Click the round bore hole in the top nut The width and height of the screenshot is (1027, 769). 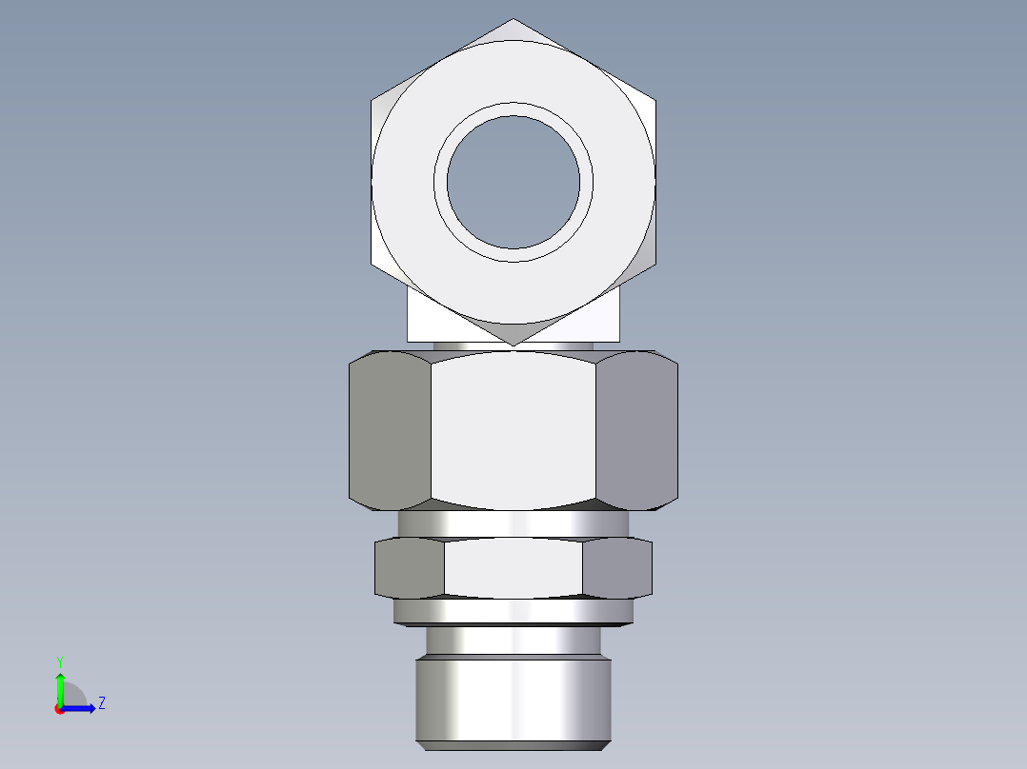point(513,182)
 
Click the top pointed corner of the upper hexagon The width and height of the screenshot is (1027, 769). point(513,20)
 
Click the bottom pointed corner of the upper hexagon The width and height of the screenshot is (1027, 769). point(513,344)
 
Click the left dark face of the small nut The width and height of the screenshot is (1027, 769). point(410,568)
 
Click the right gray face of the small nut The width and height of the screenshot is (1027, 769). point(616,568)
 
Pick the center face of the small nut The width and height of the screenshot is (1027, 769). point(513,568)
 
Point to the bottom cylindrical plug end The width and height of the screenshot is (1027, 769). point(513,700)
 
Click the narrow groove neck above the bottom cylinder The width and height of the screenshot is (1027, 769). point(513,641)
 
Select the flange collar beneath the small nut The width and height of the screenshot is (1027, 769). point(513,611)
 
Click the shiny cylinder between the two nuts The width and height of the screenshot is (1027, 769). point(513,523)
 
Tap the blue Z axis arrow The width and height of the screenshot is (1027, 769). point(80,707)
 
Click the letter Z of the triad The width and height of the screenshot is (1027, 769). point(101,703)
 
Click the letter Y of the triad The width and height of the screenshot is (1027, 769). point(59,661)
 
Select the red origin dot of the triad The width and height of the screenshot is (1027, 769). point(59,708)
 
